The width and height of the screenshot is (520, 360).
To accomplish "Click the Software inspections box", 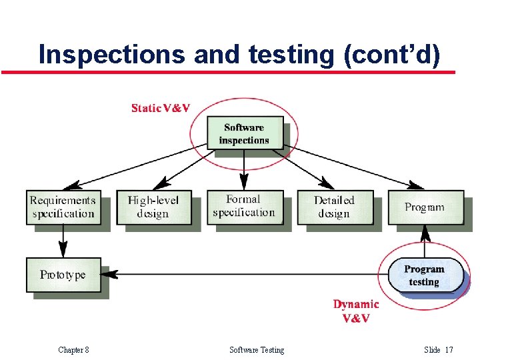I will click(244, 133).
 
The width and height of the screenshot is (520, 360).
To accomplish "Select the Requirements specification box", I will click(63, 207).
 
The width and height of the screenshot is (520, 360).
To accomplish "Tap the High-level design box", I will click(153, 207).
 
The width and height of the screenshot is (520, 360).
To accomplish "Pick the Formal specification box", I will click(244, 206).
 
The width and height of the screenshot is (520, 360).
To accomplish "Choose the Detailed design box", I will click(334, 207).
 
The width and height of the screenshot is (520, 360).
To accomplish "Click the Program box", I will click(424, 207).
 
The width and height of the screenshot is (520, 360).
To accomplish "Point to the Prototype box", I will click(63, 275).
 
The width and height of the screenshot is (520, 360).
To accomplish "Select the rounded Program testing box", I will click(425, 275).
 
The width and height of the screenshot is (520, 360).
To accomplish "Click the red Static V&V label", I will click(161, 108).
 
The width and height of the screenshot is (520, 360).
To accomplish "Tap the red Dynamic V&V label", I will click(356, 311).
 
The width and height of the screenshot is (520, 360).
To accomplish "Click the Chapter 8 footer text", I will click(73, 350).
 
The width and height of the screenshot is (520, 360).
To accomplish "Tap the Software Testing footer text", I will click(257, 350).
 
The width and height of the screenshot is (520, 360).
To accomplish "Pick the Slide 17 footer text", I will click(438, 350).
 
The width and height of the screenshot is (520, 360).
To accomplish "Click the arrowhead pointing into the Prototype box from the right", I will click(111, 274).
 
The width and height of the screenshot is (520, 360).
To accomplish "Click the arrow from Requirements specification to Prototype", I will click(63, 241).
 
